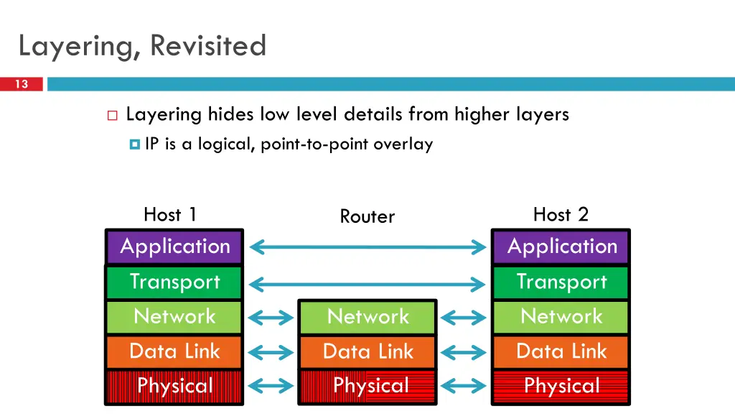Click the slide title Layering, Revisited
tap(142, 46)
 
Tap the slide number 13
tap(22, 85)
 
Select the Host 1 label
tap(170, 214)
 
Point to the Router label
tap(367, 216)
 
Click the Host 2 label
tap(561, 214)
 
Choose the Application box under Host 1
tap(174, 247)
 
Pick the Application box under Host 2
tap(561, 247)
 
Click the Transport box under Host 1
tap(174, 282)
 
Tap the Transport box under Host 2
tap(561, 282)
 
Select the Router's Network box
tap(367, 317)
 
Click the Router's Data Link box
tap(367, 351)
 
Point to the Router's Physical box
tap(367, 386)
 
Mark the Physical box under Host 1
tap(174, 386)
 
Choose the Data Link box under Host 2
tap(561, 351)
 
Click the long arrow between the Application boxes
tap(367, 248)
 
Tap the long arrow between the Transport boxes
tap(367, 285)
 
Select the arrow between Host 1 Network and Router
tap(271, 317)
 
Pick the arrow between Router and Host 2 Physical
tap(464, 387)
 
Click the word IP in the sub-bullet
tap(151, 144)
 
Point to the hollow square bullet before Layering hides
tap(112, 115)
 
